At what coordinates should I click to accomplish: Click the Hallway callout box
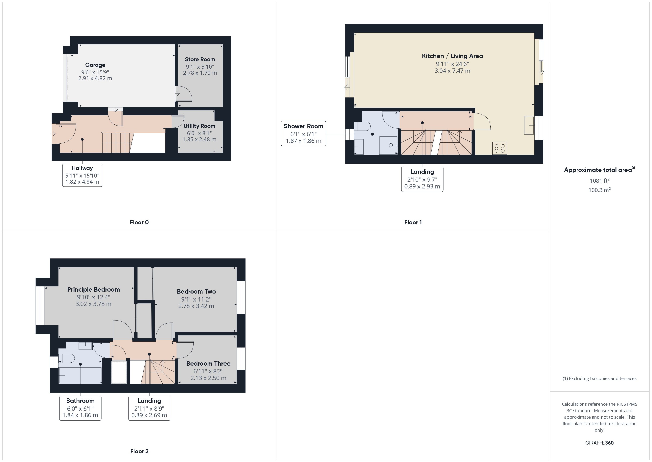82,175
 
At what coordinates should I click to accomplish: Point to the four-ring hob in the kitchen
499,148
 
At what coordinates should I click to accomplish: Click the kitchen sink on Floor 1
529,125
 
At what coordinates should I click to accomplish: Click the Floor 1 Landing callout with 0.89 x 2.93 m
422,179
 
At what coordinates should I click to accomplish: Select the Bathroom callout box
80,408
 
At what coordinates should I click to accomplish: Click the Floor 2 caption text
139,451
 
